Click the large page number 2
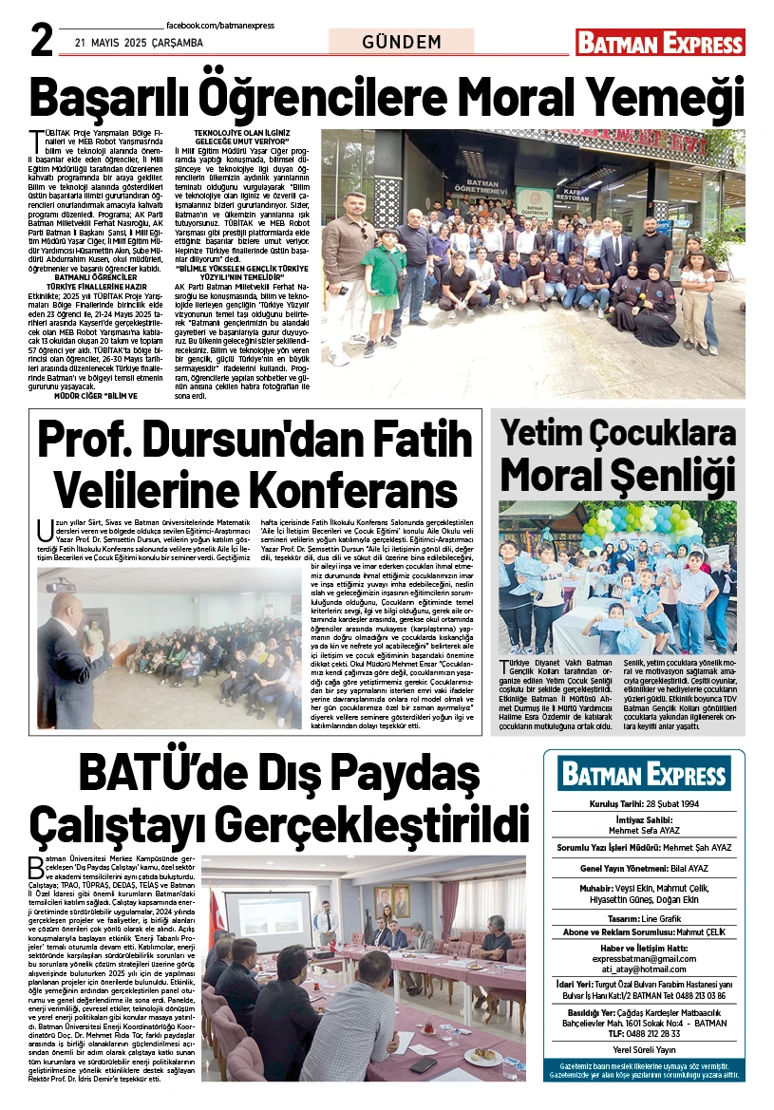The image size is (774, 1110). [x=40, y=40]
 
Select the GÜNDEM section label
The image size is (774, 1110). [x=402, y=42]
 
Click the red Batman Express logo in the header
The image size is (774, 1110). [x=660, y=43]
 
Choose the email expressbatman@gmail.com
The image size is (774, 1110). [x=644, y=959]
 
